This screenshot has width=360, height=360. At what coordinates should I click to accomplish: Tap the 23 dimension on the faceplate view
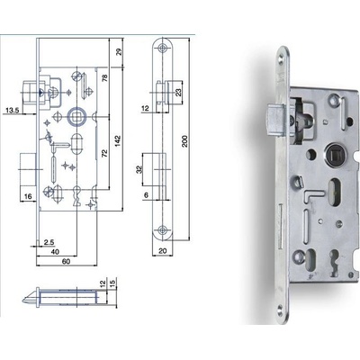pyautogui.click(x=178, y=91)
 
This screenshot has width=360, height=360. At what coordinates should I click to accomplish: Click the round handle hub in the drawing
pyautogui.click(x=75, y=117)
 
